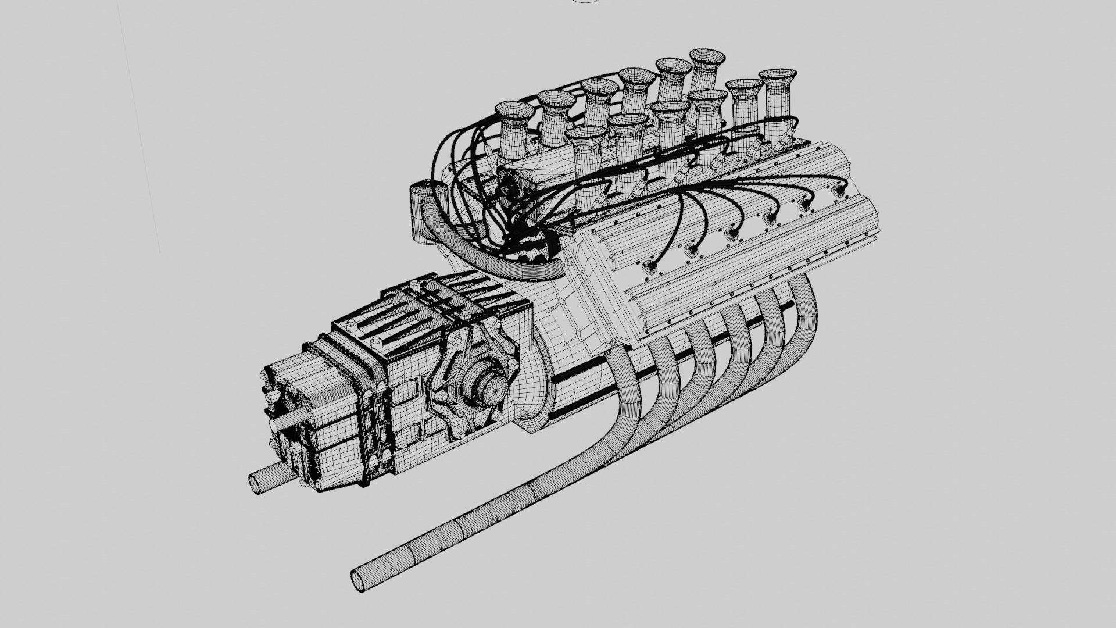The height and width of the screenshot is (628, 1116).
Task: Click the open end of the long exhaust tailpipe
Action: pos(358,580)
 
